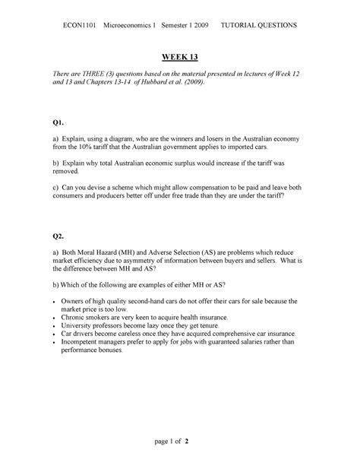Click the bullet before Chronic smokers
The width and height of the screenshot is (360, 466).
pyautogui.click(x=65, y=316)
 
